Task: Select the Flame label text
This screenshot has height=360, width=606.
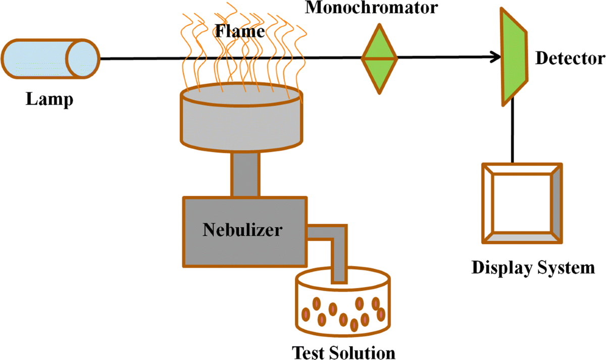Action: pos(240,32)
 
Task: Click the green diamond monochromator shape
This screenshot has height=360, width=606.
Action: pos(379,59)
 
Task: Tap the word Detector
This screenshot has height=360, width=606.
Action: pos(570,59)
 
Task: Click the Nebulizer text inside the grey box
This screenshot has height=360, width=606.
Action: pos(242,231)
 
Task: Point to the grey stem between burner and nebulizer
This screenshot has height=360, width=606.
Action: pos(245,174)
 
